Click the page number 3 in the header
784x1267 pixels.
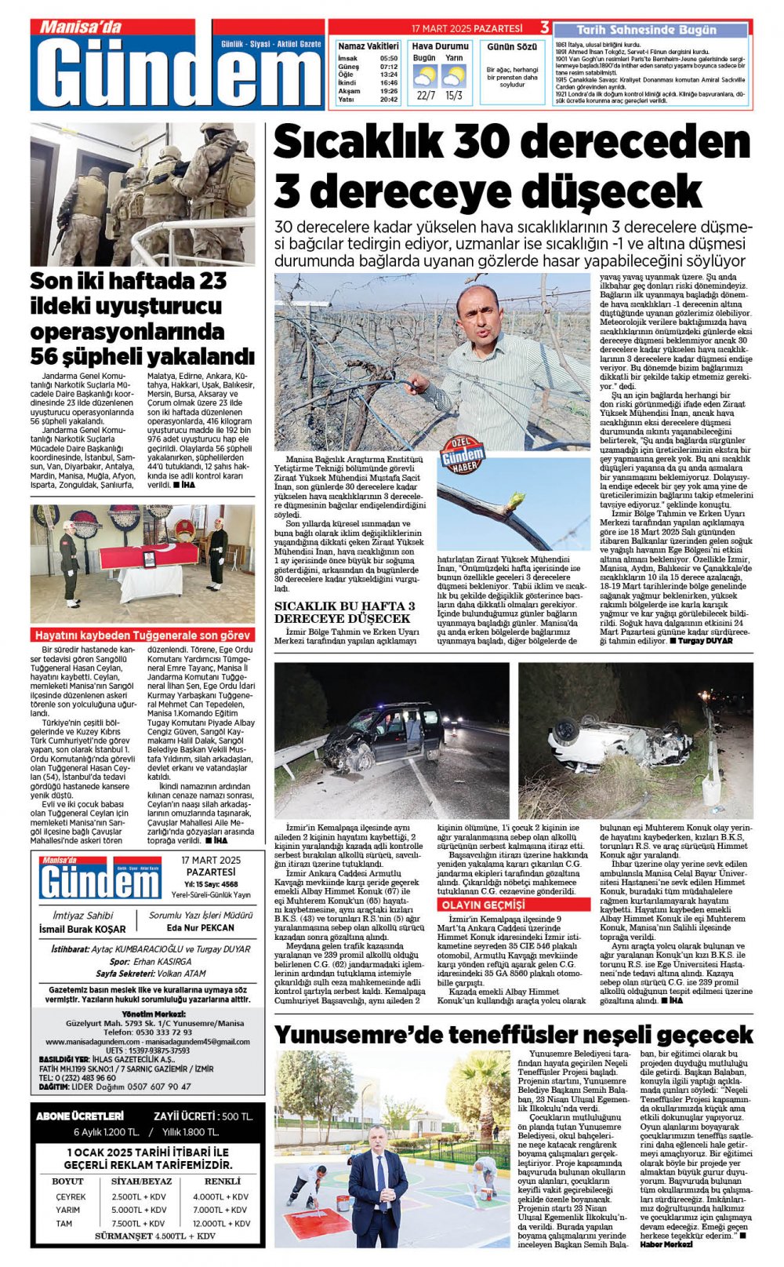click(x=544, y=28)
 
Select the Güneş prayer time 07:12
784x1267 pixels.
click(x=389, y=67)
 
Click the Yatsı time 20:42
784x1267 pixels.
click(x=389, y=100)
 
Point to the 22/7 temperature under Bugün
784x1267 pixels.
click(x=426, y=96)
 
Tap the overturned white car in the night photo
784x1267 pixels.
click(x=619, y=741)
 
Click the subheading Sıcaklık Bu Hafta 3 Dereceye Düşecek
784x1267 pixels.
click(x=345, y=612)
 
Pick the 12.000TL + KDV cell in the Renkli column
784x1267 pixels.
click(x=222, y=1222)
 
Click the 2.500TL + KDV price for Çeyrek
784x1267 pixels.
click(x=139, y=1196)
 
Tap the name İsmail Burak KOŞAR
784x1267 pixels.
click(x=82, y=929)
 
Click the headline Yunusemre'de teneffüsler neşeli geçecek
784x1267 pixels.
click(x=514, y=1034)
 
